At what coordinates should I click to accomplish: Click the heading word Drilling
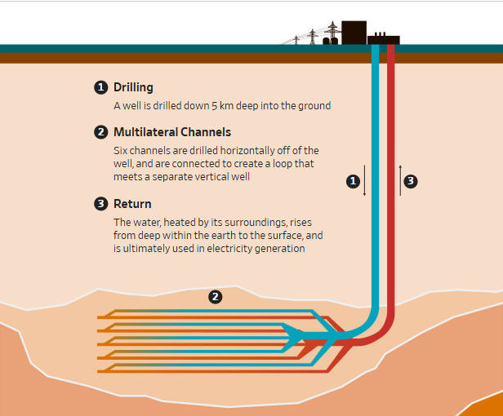[x=133, y=87]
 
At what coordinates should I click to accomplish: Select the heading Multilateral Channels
[x=171, y=132]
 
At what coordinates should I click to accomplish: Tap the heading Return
[x=132, y=204]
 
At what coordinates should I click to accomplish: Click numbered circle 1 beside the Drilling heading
[x=101, y=87]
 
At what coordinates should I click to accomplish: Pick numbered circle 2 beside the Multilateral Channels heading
[x=101, y=132]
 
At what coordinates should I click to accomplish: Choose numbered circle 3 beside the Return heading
[x=101, y=204]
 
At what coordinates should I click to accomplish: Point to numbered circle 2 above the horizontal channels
[x=215, y=297]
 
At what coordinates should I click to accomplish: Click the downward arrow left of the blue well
[x=365, y=181]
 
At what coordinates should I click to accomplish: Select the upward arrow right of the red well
[x=400, y=179]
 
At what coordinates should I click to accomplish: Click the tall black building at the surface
[x=354, y=32]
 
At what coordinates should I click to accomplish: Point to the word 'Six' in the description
[x=122, y=151]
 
